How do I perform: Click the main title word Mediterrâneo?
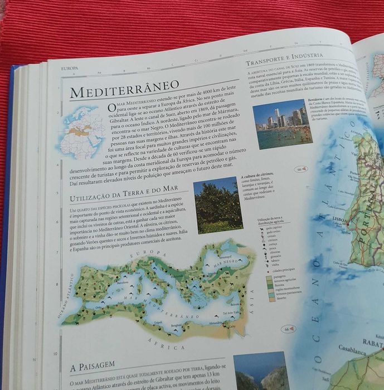click(123, 89)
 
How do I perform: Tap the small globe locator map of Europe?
click(81, 133)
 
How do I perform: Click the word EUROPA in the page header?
click(69, 68)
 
